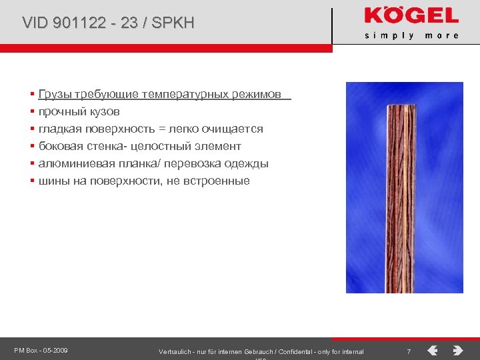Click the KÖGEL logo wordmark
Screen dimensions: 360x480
tap(411, 16)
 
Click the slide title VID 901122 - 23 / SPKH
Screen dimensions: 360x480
tap(108, 23)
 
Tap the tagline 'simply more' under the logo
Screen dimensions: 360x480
tap(411, 35)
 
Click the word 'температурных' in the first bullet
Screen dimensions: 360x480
tap(190, 94)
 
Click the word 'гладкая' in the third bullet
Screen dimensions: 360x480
tap(60, 129)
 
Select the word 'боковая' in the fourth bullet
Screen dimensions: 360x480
tap(59, 146)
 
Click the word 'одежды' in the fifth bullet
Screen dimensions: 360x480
tap(246, 163)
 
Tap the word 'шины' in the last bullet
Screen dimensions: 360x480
tap(51, 181)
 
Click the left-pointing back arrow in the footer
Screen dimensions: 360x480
tap(433, 350)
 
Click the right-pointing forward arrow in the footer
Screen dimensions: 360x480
tap(457, 350)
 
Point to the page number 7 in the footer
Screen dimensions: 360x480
tap(409, 351)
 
